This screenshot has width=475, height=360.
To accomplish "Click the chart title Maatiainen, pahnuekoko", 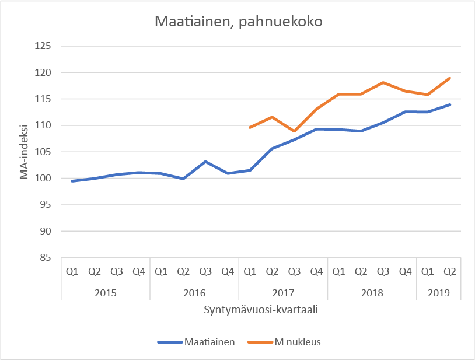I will (x=238, y=23).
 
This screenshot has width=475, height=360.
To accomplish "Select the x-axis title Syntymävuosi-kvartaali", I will (x=261, y=310).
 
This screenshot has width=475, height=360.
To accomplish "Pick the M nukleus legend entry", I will (x=298, y=342).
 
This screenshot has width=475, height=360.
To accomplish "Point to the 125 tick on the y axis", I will (x=44, y=46).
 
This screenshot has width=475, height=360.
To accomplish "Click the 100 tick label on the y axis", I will (x=44, y=179).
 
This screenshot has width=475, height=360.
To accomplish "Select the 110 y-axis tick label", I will (x=44, y=125).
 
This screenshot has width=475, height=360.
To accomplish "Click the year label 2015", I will (x=106, y=292).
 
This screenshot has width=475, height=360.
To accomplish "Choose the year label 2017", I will (x=283, y=292).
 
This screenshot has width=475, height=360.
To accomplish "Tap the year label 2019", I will (x=438, y=292).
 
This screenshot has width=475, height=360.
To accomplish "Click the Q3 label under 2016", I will (x=205, y=271).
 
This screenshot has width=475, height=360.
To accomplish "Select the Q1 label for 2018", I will (x=338, y=271).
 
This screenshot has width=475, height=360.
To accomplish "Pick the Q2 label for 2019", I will (x=449, y=271).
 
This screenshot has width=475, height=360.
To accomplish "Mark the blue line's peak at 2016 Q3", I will (x=205, y=162).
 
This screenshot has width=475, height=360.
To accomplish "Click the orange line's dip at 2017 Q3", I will (x=294, y=131).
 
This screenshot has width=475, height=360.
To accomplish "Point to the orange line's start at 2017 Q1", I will (x=250, y=127).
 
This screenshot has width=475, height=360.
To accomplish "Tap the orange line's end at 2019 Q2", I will (x=449, y=78).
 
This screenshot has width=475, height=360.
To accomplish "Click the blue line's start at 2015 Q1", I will (x=72, y=181).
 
